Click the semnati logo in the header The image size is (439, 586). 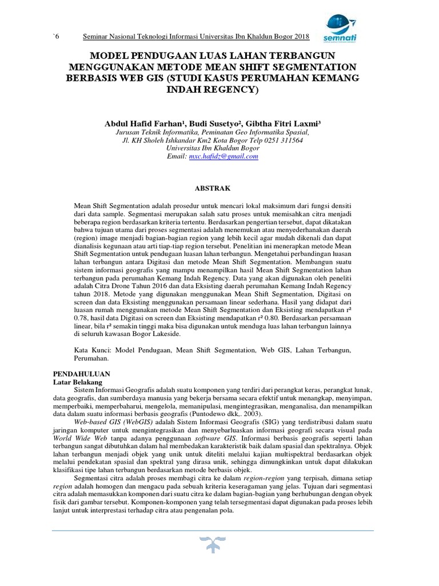(x=342, y=29)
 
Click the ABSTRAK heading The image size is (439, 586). (x=212, y=187)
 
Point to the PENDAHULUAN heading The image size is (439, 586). (x=80, y=373)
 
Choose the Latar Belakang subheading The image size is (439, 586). (x=77, y=381)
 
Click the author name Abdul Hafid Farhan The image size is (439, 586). (x=148, y=124)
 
